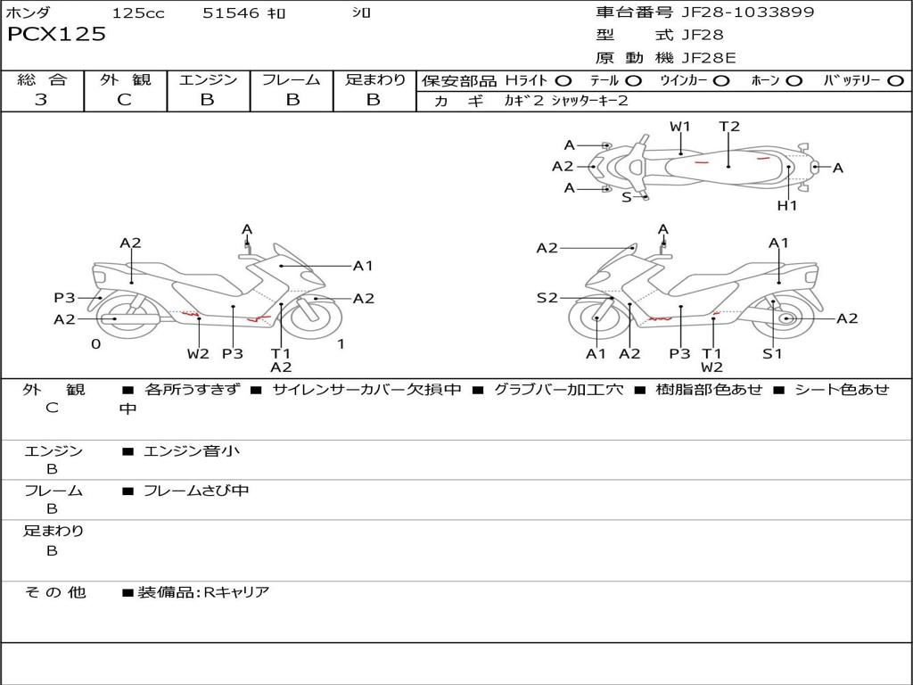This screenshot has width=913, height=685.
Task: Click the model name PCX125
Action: click(x=57, y=35)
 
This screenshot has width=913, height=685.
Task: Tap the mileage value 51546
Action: click(x=231, y=13)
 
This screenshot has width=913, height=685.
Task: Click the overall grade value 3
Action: click(x=41, y=100)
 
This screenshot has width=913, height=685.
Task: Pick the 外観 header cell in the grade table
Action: click(x=125, y=80)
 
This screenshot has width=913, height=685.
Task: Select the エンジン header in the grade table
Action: click(x=208, y=80)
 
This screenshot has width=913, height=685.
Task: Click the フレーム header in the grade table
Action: click(x=292, y=80)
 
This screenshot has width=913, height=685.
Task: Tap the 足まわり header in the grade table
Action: click(x=375, y=80)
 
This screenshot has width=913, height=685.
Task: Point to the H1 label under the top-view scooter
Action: click(x=786, y=206)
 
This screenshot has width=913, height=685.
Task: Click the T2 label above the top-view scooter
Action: click(x=729, y=127)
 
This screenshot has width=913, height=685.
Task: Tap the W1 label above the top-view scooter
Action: click(x=680, y=127)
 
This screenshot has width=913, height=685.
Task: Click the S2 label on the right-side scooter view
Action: click(x=547, y=298)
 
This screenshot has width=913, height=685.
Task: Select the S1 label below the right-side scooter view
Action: click(x=771, y=353)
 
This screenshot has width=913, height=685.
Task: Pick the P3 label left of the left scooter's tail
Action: click(x=64, y=298)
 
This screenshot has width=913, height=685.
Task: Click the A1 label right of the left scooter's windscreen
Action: click(x=363, y=265)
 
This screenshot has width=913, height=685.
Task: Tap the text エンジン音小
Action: click(x=192, y=451)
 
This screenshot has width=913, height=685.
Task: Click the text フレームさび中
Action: click(x=196, y=491)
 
